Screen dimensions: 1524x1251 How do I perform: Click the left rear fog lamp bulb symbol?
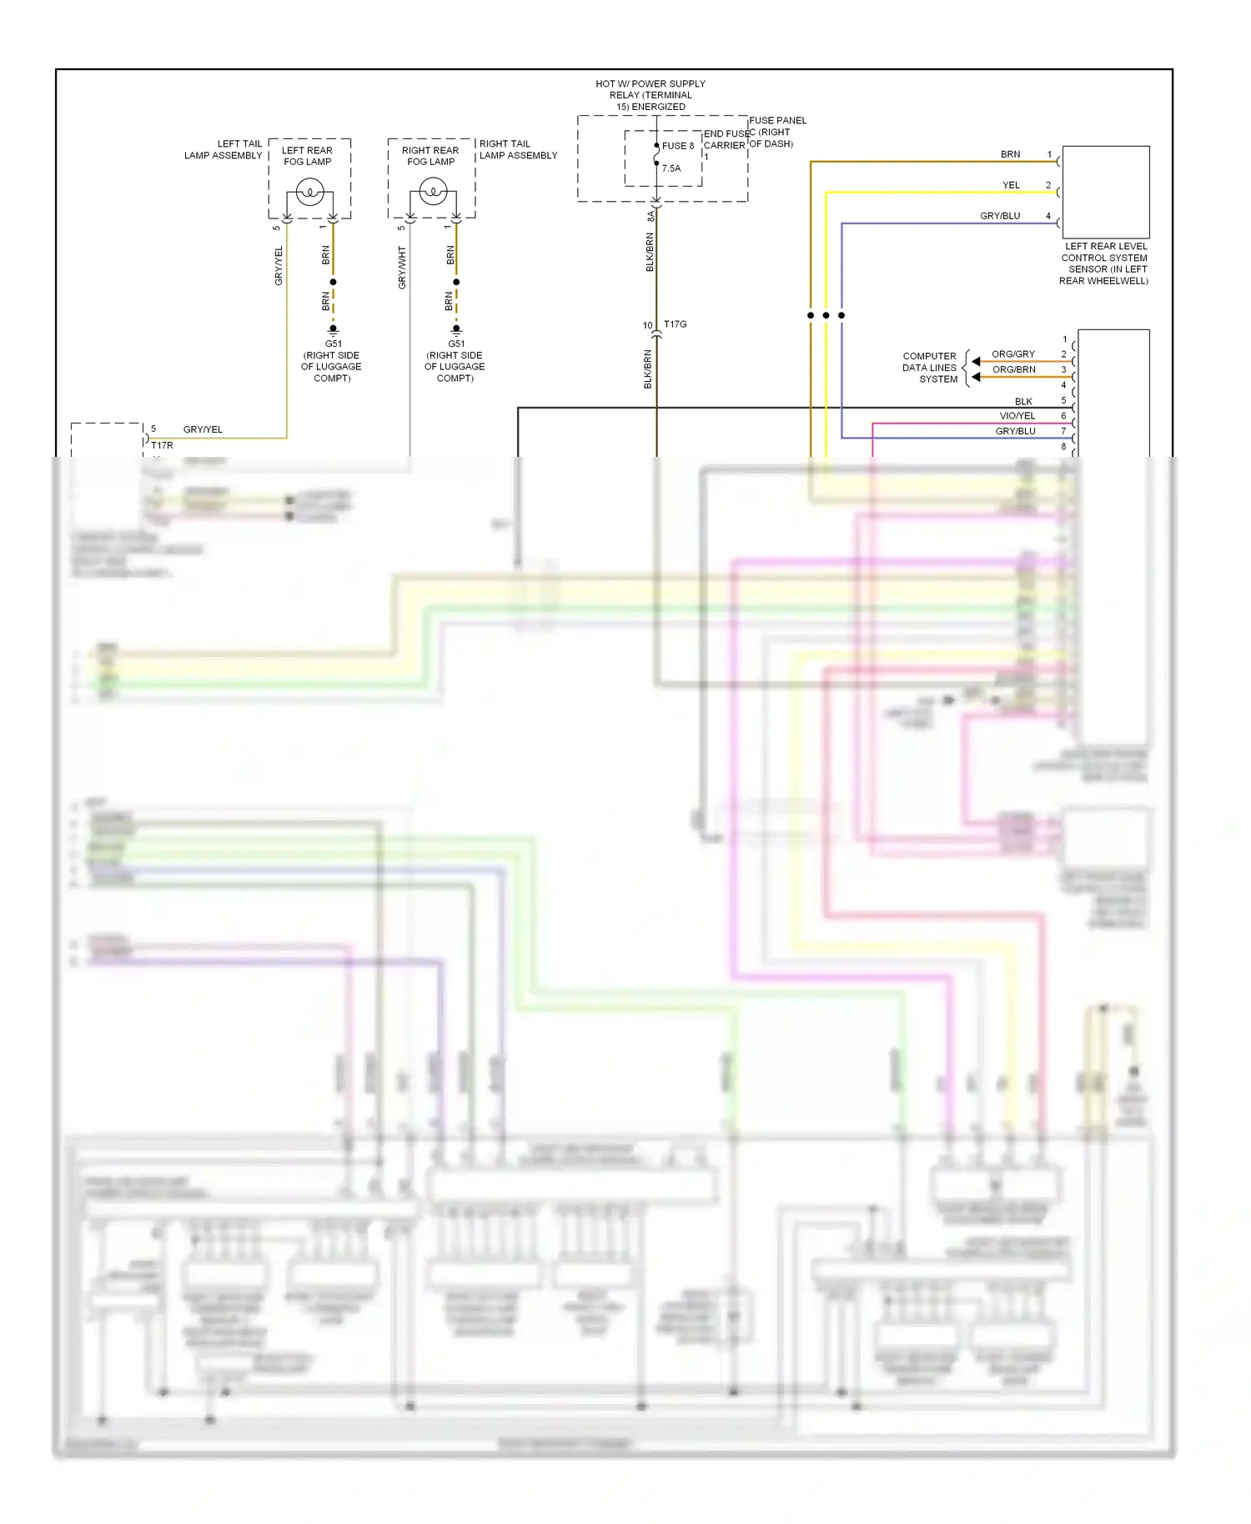coord(309,193)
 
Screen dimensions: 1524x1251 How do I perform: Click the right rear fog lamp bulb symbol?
coord(433,193)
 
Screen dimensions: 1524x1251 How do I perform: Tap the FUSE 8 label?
coord(678,146)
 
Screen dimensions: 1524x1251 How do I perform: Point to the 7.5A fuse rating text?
coord(671,168)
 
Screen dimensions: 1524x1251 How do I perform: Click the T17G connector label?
coord(676,324)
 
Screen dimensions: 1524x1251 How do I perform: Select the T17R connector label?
coord(162,445)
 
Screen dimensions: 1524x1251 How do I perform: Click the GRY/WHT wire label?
coord(402,268)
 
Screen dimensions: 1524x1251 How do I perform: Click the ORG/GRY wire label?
coord(1013,354)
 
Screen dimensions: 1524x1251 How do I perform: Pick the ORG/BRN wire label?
coord(1014,369)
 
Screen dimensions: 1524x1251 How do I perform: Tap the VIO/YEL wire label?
coord(1017,416)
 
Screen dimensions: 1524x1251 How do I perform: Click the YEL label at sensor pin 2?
coord(1011,185)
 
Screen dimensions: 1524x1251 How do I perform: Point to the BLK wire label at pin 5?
coord(1023,401)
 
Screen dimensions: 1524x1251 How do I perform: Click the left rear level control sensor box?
coord(1106,193)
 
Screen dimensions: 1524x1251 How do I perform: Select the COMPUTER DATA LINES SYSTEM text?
coord(930,368)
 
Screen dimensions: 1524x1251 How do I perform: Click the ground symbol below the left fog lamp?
coord(333,329)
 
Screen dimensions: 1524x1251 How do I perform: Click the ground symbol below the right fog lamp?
coord(456,329)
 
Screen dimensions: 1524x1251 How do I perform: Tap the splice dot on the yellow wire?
coord(826,315)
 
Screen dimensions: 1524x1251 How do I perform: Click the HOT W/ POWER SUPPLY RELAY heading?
coord(651,95)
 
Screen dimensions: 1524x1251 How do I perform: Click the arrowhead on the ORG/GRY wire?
coord(976,362)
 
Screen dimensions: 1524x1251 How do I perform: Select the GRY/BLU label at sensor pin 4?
coord(1000,216)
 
